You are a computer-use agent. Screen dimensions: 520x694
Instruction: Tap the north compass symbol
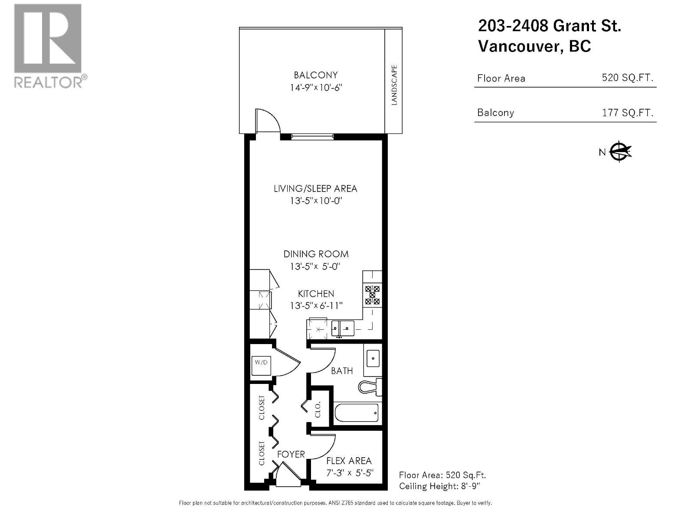[620, 152]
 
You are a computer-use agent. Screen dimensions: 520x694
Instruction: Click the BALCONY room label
[316, 75]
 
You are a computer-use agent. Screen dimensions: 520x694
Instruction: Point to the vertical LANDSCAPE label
[394, 85]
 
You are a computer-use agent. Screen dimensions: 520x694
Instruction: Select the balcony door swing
[265, 120]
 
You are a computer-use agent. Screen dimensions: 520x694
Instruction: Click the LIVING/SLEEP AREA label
[315, 188]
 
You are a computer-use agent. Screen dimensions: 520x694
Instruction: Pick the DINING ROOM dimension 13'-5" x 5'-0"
[315, 266]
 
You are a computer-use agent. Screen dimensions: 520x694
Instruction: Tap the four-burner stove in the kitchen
[373, 295]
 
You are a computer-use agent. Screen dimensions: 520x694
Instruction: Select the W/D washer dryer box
[261, 362]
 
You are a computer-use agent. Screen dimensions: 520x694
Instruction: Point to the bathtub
[357, 413]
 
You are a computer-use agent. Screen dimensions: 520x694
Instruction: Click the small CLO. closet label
[318, 409]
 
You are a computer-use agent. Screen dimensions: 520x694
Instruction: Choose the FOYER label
[291, 454]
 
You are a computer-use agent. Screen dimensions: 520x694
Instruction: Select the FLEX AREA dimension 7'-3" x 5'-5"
[350, 473]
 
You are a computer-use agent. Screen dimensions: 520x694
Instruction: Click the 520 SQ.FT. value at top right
[627, 78]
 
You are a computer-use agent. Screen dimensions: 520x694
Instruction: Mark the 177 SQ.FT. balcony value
[627, 113]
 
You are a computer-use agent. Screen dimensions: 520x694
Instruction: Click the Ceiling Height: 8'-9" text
[439, 486]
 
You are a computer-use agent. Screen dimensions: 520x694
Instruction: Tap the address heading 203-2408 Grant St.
[549, 26]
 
